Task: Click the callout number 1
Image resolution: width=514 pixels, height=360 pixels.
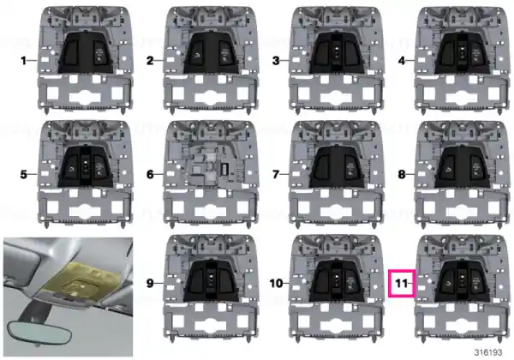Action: pos(23,61)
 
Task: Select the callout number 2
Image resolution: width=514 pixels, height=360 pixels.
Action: pos(150,61)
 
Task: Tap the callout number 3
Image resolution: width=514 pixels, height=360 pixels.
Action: pos(276,61)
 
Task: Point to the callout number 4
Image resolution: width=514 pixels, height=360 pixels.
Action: pos(402,61)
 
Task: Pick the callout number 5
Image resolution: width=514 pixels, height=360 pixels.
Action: pos(23,174)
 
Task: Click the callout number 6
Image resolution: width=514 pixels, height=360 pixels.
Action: pos(150,174)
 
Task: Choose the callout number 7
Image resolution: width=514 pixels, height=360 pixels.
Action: pos(276,174)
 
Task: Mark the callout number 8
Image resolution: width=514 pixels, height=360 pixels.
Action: pos(402,174)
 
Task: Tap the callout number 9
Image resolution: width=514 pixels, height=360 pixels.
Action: pos(150,283)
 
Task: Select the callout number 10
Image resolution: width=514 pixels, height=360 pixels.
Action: pos(276,283)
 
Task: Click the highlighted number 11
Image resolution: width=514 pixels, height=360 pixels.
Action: pos(402,283)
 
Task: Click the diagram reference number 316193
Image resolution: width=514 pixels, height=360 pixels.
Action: pos(488,352)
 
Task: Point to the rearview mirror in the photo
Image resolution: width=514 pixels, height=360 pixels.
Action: pos(39,333)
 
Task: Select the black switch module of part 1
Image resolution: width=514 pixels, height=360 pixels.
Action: pos(85,52)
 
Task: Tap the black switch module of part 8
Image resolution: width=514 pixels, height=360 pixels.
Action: pos(463,167)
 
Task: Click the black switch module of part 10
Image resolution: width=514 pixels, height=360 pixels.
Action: pos(337,280)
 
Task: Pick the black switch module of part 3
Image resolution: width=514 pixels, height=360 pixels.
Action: pos(337,52)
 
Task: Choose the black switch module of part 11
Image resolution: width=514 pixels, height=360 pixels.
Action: pos(463,280)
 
